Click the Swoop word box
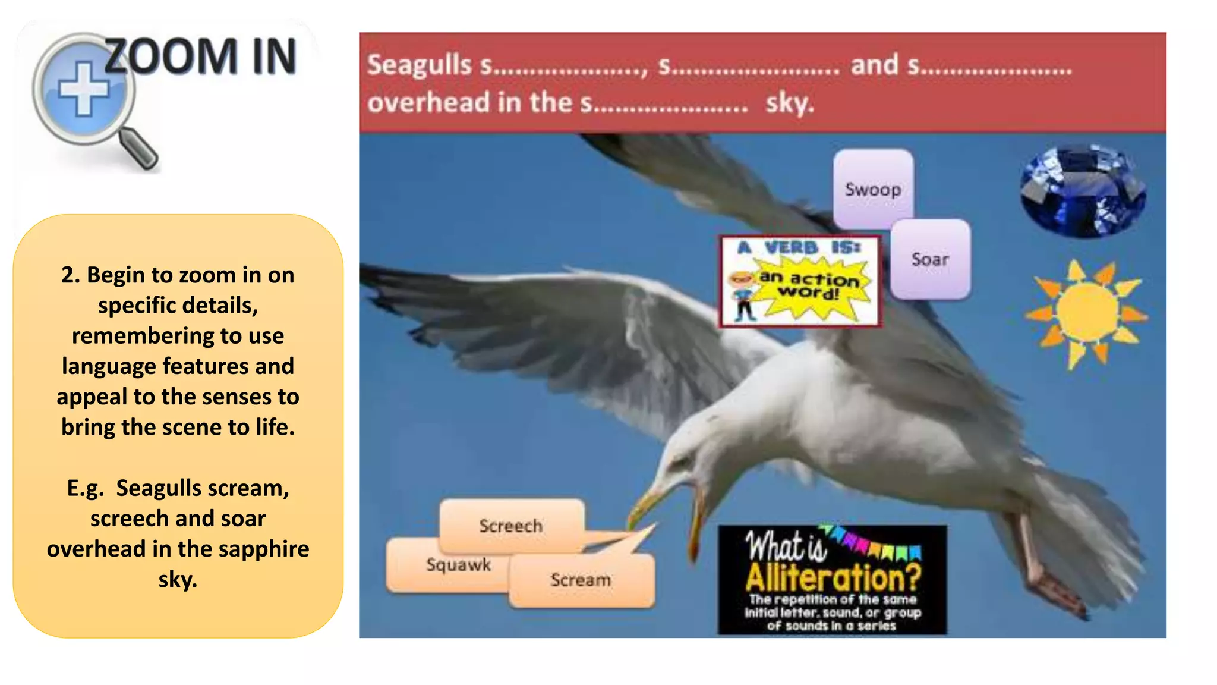873,189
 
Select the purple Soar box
930,259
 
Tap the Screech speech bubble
511,526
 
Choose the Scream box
581,580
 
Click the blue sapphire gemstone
1083,190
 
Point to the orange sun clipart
1087,312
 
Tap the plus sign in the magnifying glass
84,89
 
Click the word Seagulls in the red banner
419,65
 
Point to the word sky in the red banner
789,103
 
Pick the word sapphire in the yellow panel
264,549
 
